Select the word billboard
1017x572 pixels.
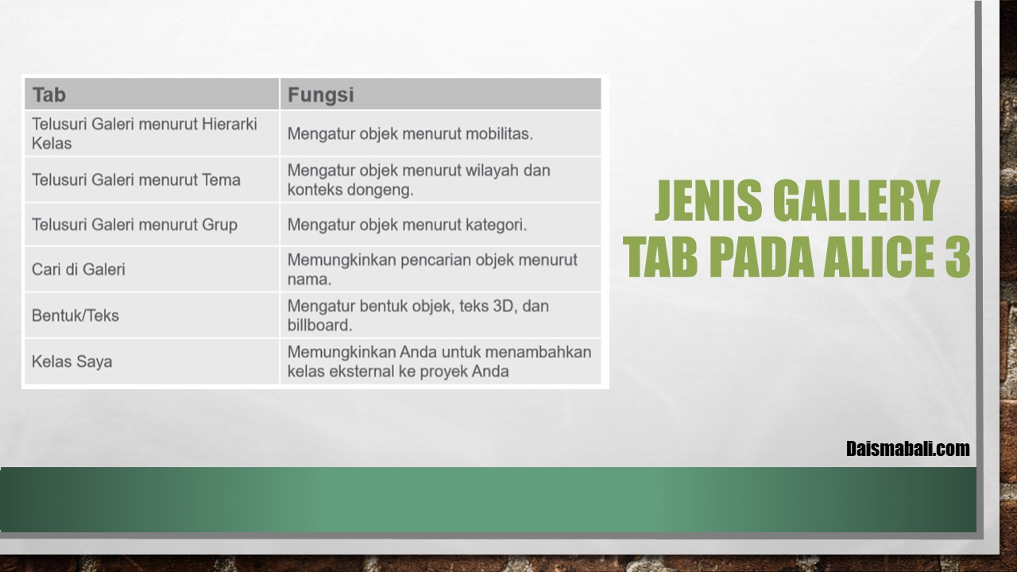pos(320,325)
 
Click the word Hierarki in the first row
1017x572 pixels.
pos(230,124)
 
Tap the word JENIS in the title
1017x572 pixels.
pos(708,201)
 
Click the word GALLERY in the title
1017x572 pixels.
pos(857,201)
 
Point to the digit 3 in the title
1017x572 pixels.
pos(957,257)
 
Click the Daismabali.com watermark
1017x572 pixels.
pos(908,449)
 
